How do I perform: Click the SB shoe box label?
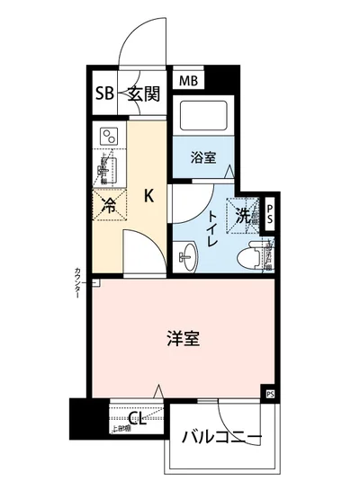[104, 93]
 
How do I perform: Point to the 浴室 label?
[203, 157]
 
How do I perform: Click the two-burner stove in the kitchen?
[109, 137]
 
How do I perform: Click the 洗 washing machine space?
[242, 215]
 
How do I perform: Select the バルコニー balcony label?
[221, 438]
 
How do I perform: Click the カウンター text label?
[78, 284]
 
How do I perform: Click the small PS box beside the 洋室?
[269, 393]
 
